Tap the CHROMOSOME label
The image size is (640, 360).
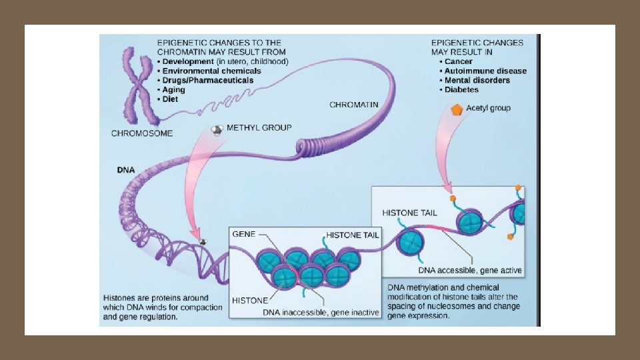pyautogui.click(x=141, y=133)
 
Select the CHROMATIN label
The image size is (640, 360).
pyautogui.click(x=354, y=105)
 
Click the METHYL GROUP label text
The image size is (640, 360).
pyautogui.click(x=259, y=127)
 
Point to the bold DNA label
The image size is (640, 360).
pyautogui.click(x=126, y=170)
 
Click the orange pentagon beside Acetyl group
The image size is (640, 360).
pyautogui.click(x=457, y=109)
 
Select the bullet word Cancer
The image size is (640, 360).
pyautogui.click(x=459, y=61)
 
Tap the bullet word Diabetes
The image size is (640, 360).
pyautogui.click(x=463, y=89)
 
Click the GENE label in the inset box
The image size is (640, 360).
pyautogui.click(x=243, y=234)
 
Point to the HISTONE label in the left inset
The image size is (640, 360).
pyautogui.click(x=250, y=300)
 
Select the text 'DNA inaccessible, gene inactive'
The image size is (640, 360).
pyautogui.click(x=321, y=313)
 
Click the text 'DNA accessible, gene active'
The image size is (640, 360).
pyautogui.click(x=470, y=271)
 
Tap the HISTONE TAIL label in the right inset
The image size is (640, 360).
pyautogui.click(x=410, y=213)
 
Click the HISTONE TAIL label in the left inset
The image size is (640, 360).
pyautogui.click(x=353, y=235)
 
